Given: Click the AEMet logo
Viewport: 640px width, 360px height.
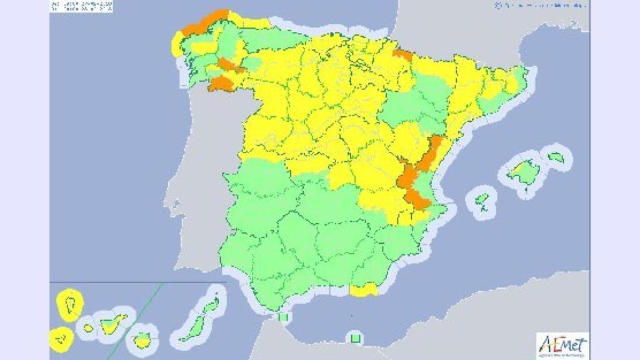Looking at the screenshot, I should point(562,345).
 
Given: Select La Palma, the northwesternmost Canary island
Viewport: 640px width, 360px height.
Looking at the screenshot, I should point(70,303).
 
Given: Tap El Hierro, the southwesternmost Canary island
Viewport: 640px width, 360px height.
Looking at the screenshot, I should point(61,338).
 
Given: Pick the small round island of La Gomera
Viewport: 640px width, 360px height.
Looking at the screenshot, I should point(89,327).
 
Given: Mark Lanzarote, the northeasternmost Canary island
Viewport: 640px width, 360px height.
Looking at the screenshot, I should point(211,304).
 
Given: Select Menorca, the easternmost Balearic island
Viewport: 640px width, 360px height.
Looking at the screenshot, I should point(556,156).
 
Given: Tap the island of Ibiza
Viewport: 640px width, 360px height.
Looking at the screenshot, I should point(482,201).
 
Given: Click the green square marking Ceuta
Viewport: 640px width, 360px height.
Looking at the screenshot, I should point(283,316).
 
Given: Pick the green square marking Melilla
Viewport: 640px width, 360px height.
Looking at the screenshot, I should point(355,339).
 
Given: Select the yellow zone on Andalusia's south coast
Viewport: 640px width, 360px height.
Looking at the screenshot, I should point(364,289).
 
